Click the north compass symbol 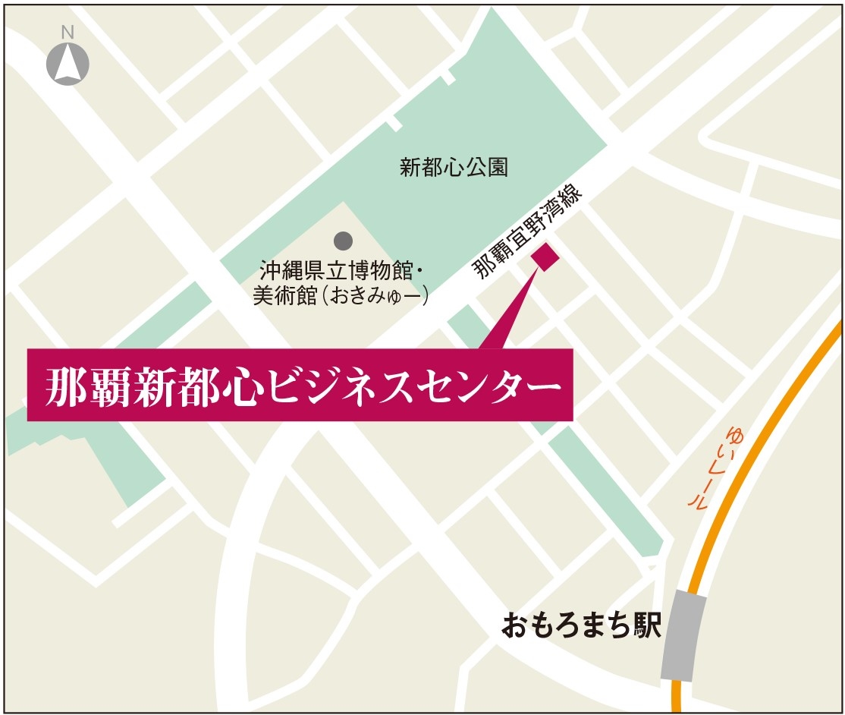click(68, 63)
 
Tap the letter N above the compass click(68, 32)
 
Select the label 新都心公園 click(454, 168)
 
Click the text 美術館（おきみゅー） click(341, 295)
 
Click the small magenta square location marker click(545, 257)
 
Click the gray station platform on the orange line click(683, 636)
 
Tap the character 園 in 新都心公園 click(498, 168)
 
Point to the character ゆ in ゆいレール click(734, 436)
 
